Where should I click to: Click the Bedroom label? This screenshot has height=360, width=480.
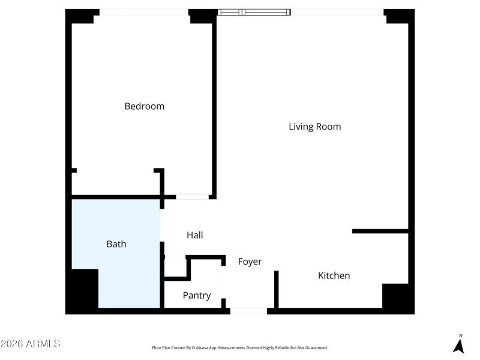coord(144,106)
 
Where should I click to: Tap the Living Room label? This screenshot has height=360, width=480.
coord(314,127)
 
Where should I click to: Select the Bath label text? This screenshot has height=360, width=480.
coord(116,244)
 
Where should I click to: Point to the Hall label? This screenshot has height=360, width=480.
coord(194,235)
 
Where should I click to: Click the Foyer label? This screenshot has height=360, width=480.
coord(250,262)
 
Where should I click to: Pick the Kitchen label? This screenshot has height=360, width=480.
coord(334,275)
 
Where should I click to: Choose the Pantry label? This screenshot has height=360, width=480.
coord(196,295)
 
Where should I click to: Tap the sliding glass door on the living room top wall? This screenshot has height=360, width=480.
coord(254,11)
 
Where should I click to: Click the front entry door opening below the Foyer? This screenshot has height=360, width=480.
coord(248,311)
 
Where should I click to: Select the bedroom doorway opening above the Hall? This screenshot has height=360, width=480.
coord(192,196)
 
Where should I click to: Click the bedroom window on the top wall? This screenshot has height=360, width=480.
coord(144,12)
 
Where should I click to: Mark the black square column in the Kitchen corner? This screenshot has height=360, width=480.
coord(395,296)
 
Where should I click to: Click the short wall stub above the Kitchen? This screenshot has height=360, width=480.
coord(380,231)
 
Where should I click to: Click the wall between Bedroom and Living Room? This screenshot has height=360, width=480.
coord(214,108)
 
